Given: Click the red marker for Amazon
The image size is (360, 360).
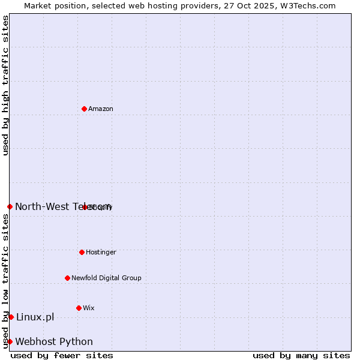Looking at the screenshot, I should pyautogui.click(x=84, y=109).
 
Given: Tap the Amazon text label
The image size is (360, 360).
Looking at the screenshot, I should pyautogui.click(x=101, y=109).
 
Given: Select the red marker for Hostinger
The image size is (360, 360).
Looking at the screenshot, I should pyautogui.click(x=82, y=252).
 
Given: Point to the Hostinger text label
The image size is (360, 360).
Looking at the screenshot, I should pyautogui.click(x=101, y=253).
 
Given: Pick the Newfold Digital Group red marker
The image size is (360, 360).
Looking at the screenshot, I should pyautogui.click(x=67, y=278).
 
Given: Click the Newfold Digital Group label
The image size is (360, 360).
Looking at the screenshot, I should pyautogui.click(x=106, y=278).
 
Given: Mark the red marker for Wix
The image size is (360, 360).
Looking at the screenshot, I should pyautogui.click(x=79, y=308).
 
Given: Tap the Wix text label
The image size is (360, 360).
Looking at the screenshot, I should pyautogui.click(x=89, y=308).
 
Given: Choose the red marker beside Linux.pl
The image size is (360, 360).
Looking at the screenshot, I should pyautogui.click(x=11, y=317).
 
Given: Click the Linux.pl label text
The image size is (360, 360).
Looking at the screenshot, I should pyautogui.click(x=35, y=317).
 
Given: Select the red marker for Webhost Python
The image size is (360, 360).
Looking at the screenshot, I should pyautogui.click(x=10, y=341).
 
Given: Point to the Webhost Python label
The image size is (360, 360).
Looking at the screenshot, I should pyautogui.click(x=54, y=342).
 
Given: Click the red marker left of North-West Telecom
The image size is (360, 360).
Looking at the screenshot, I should pyautogui.click(x=10, y=206).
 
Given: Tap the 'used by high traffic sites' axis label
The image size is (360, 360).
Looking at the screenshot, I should pyautogui.click(x=5, y=85).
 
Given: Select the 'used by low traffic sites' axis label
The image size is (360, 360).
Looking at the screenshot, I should pyautogui.click(x=5, y=281).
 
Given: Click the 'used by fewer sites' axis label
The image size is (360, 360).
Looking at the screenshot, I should pyautogui.click(x=62, y=355).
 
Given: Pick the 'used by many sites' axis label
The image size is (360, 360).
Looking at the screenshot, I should pyautogui.click(x=301, y=355).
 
